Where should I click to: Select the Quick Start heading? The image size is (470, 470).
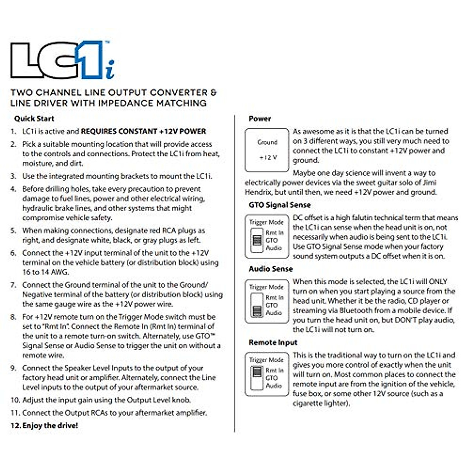click(x=34, y=118)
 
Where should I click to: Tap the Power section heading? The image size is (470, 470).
click(x=260, y=118)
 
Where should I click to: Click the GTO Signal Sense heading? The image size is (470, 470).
click(x=279, y=205)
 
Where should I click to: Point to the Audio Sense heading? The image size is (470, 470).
click(x=271, y=269)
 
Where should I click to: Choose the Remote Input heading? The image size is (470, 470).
click(x=273, y=342)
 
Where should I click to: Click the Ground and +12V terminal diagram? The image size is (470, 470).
click(x=268, y=150)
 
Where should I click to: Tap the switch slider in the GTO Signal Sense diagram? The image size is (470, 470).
click(x=257, y=240)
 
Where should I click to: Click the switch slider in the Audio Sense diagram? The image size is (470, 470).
click(x=257, y=310)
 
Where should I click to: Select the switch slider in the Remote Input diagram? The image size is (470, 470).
click(x=257, y=371)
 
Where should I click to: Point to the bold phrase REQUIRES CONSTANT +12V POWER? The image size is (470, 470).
click(x=143, y=131)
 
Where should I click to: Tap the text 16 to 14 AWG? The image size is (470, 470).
click(x=45, y=272)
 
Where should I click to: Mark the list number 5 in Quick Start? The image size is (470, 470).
click(x=13, y=230)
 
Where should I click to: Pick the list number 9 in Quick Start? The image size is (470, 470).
click(x=13, y=368)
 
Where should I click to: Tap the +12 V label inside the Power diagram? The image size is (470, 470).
click(x=268, y=157)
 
